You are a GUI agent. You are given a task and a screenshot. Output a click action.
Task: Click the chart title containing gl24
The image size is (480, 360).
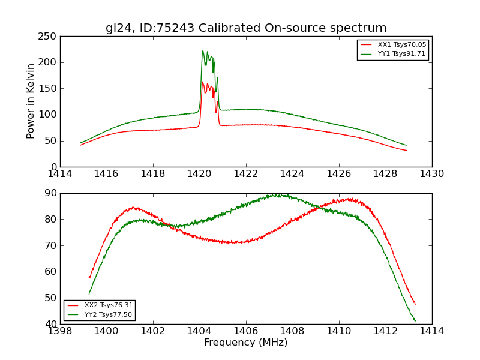pyautogui.click(x=246, y=28)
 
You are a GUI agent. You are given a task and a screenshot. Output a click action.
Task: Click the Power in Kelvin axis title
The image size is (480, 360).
pyautogui.click(x=31, y=101)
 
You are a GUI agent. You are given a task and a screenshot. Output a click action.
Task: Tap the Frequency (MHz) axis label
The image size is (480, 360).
pyautogui.click(x=246, y=343)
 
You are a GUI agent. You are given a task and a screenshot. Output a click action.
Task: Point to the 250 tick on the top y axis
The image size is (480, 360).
pyautogui.click(x=49, y=36)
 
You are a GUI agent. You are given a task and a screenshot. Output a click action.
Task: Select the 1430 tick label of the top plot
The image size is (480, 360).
pyautogui.click(x=431, y=174)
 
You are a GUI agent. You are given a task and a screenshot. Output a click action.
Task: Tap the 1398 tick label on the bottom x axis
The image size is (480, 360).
pyautogui.click(x=60, y=331)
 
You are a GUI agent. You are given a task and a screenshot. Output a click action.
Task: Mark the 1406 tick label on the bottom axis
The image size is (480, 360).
pyautogui.click(x=246, y=331)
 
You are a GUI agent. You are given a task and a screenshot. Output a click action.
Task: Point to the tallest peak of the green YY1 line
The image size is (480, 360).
pyautogui.click(x=203, y=51)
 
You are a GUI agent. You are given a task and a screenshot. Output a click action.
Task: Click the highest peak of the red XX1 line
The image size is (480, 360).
pyautogui.click(x=203, y=82)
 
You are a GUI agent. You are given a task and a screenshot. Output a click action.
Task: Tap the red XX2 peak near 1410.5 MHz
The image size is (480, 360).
pyautogui.click(x=350, y=199)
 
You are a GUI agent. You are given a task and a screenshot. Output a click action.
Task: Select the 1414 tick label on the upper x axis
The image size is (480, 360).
pyautogui.click(x=60, y=174)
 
